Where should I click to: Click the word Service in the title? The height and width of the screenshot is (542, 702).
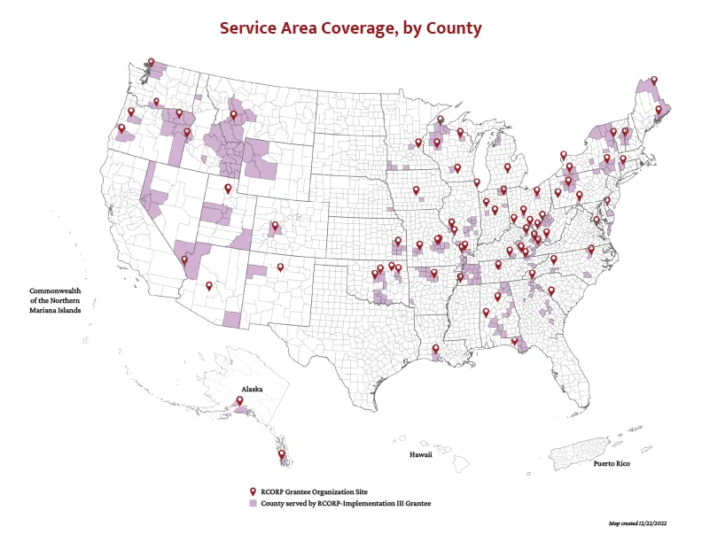coord(252,28)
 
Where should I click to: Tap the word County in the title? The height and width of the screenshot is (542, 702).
coord(449,28)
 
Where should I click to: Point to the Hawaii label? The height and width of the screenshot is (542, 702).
coord(420,455)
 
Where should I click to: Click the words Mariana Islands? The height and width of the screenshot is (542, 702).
coord(55,310)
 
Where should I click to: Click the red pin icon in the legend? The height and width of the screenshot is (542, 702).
coord(253,492)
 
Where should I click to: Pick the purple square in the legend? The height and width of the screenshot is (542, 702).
coord(253,502)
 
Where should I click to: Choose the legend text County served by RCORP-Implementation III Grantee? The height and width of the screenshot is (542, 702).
coord(346,502)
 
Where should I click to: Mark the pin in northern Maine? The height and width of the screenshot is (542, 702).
coord(654,81)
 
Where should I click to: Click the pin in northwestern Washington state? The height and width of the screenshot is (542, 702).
coord(151,63)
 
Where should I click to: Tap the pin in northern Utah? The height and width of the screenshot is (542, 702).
coord(228,189)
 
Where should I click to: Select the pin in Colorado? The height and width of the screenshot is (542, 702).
coord(275,226)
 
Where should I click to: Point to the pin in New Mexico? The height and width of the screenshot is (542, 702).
coord(281,267)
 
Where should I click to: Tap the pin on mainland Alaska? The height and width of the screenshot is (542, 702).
coord(239,400)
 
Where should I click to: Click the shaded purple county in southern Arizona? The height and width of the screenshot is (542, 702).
coord(231,320)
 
